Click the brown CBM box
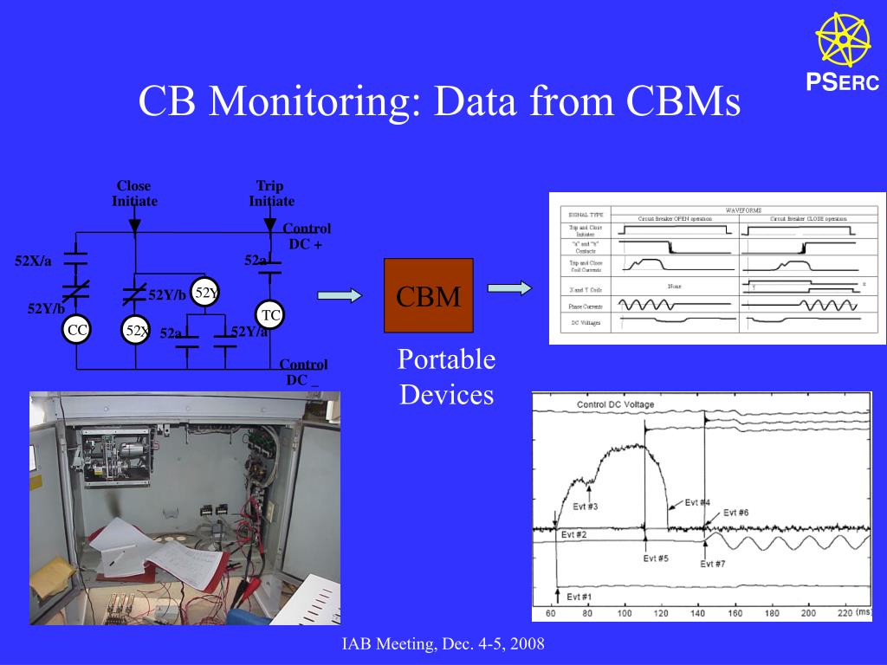pos(428,295)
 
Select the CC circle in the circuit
pos(77,330)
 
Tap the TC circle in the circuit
pos(270,315)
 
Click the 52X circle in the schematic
pos(136,330)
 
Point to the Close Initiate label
pos(134,194)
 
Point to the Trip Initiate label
pos(271,194)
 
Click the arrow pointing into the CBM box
pos(339,296)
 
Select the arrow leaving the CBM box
pos(510,288)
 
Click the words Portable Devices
pos(446,378)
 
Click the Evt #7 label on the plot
pos(712,564)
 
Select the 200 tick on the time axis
pos(808,613)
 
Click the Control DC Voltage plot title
pos(615,404)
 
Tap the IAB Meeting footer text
pos(443,645)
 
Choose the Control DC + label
pos(307,236)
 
